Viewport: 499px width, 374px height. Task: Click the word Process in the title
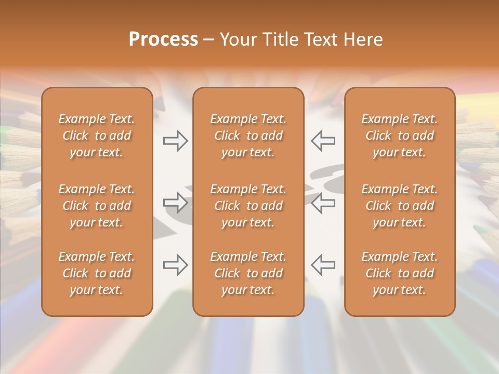pyautogui.click(x=163, y=39)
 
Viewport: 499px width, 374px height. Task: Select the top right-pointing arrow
pyautogui.click(x=176, y=140)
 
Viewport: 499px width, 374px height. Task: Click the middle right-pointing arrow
pyautogui.click(x=176, y=203)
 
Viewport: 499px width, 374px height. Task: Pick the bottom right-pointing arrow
pyautogui.click(x=176, y=265)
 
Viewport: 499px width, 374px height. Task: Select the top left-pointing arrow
pyautogui.click(x=323, y=140)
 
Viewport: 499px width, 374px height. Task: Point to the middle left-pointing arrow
pyautogui.click(x=323, y=203)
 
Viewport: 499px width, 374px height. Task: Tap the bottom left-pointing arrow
pyautogui.click(x=323, y=265)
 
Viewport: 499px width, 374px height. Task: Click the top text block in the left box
pyautogui.click(x=97, y=136)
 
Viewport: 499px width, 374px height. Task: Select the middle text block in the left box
pyautogui.click(x=97, y=206)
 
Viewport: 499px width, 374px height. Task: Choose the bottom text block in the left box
pyautogui.click(x=97, y=273)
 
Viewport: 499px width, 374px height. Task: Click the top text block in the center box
pyautogui.click(x=248, y=136)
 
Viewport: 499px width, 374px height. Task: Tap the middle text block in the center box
pyautogui.click(x=248, y=206)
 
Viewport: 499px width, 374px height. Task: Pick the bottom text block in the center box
pyautogui.click(x=248, y=273)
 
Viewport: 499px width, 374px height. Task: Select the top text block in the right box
pyautogui.click(x=399, y=136)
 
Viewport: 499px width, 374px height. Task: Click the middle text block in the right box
pyautogui.click(x=399, y=206)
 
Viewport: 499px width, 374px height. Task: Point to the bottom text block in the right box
pyautogui.click(x=399, y=273)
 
